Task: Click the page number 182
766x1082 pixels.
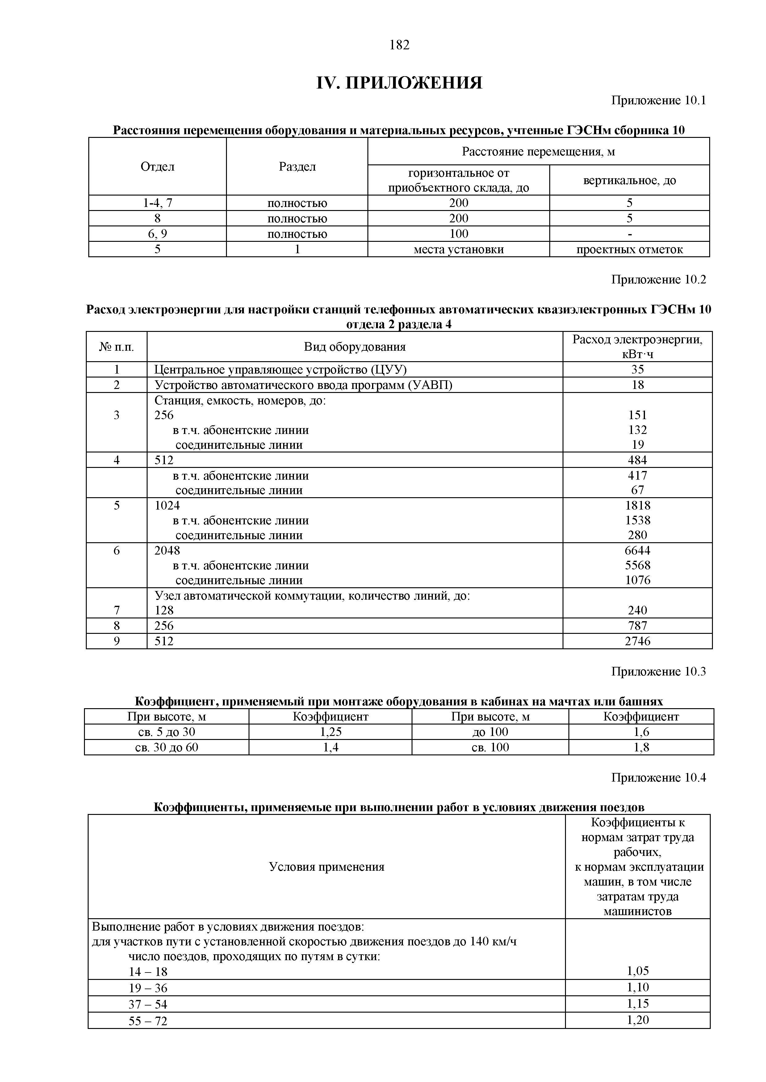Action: tap(400, 45)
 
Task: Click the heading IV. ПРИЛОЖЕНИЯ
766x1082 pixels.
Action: tap(399, 83)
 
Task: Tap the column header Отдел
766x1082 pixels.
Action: tap(157, 166)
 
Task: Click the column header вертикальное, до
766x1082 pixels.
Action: tap(629, 180)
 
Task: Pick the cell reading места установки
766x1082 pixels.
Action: tap(458, 249)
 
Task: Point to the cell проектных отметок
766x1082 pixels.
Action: tap(629, 249)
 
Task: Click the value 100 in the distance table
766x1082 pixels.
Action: tap(458, 234)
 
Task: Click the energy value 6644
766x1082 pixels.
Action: tap(637, 551)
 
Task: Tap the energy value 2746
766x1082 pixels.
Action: tap(637, 641)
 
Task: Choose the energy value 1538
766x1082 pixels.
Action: tap(637, 520)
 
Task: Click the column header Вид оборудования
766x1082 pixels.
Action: tap(355, 347)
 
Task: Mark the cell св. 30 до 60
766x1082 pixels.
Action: tap(166, 747)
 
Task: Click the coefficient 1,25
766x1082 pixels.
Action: tap(330, 732)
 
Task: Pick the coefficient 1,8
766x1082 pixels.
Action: tap(641, 747)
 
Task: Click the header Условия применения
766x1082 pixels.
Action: tap(326, 867)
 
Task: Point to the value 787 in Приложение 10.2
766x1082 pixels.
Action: tap(637, 626)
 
